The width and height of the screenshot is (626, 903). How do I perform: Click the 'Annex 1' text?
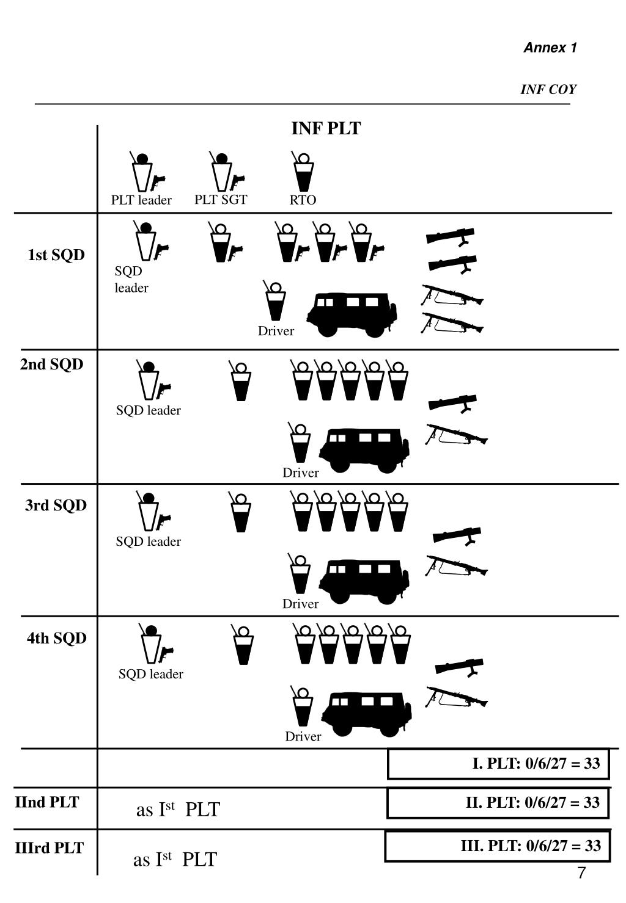[550, 48]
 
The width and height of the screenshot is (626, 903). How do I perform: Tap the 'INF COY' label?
[548, 90]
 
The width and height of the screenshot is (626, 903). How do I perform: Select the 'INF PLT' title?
[326, 129]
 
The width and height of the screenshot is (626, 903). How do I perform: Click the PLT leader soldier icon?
[144, 171]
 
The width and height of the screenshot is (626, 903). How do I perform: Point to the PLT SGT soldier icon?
[223, 171]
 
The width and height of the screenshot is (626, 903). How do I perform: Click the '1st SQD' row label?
[56, 255]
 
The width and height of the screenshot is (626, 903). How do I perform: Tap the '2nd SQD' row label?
[51, 364]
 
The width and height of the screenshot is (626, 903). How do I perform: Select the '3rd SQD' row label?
[56, 506]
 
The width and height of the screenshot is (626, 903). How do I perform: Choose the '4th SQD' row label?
[56, 639]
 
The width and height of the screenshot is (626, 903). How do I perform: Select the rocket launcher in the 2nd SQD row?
[453, 403]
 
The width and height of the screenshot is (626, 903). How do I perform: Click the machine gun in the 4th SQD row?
[456, 697]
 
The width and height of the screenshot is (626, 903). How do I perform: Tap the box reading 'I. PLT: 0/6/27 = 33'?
[498, 764]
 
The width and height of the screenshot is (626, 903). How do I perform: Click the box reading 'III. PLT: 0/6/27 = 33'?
[497, 846]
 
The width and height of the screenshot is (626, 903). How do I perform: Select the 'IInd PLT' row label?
[47, 802]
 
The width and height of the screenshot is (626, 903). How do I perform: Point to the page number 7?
[581, 873]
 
